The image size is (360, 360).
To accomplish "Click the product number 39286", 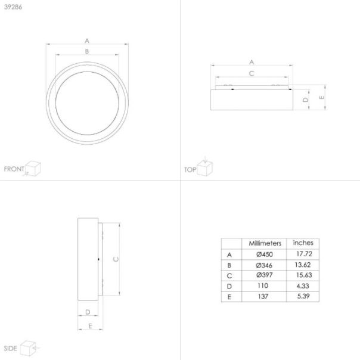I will pyautogui.click(x=12, y=7).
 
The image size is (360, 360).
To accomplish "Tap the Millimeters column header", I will pyautogui.click(x=265, y=244).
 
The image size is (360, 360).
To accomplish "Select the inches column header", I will pyautogui.click(x=303, y=243).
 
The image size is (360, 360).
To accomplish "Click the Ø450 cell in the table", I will pyautogui.click(x=264, y=254).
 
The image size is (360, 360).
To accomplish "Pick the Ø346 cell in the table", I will pyautogui.click(x=264, y=265).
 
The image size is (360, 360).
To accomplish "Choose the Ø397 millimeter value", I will pyautogui.click(x=264, y=275).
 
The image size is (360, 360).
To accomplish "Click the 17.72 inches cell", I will pyautogui.click(x=303, y=254).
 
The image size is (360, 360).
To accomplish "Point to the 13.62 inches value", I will pyautogui.click(x=303, y=265).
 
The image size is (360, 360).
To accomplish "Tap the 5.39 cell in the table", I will pyautogui.click(x=303, y=296).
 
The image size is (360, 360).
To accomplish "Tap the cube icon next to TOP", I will pyautogui.click(x=206, y=168).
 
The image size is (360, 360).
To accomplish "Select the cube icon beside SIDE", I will pyautogui.click(x=29, y=347).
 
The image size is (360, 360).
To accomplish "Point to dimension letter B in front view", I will pyautogui.click(x=87, y=51).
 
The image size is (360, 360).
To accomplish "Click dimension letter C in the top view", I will pyautogui.click(x=252, y=73).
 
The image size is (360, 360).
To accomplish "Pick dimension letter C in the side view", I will pyautogui.click(x=116, y=259).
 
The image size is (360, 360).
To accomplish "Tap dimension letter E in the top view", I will pyautogui.click(x=321, y=97).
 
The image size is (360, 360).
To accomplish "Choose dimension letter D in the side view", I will pyautogui.click(x=87, y=311).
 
